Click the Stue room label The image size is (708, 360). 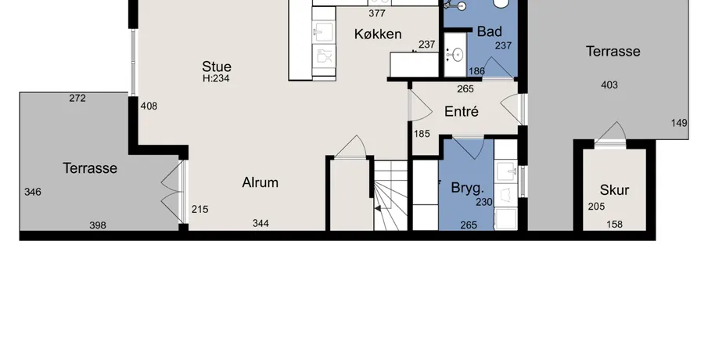pyautogui.click(x=217, y=67)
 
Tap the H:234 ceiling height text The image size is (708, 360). pyautogui.click(x=216, y=78)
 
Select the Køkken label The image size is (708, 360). pyautogui.click(x=378, y=34)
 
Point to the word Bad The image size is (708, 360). pyautogui.click(x=490, y=31)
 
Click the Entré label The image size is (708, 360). pyautogui.click(x=461, y=111)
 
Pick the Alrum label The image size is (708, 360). pyautogui.click(x=260, y=182)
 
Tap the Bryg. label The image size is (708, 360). pyautogui.click(x=467, y=188)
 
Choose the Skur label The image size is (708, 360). pyautogui.click(x=615, y=190)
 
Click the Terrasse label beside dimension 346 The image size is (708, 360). pyautogui.click(x=90, y=168)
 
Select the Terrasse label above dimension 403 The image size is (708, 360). pyautogui.click(x=613, y=51)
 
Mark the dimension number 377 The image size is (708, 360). pyautogui.click(x=377, y=13)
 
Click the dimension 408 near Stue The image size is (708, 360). pyautogui.click(x=149, y=106)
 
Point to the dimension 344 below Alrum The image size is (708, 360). pyautogui.click(x=261, y=223)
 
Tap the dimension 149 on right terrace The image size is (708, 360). pyautogui.click(x=679, y=123)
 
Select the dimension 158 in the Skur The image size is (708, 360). pyautogui.click(x=614, y=224)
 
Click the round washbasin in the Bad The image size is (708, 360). pyautogui.click(x=458, y=55)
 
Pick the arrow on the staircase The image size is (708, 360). pyautogui.click(x=378, y=208)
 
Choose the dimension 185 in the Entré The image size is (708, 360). pyautogui.click(x=422, y=134)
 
